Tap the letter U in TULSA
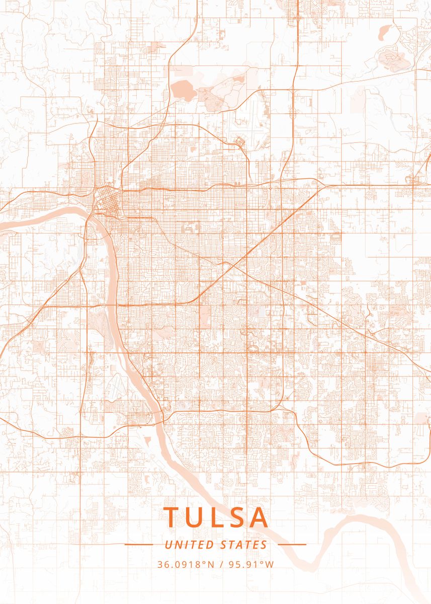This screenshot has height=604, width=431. tap(196, 517)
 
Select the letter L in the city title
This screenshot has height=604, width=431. tap(218, 517)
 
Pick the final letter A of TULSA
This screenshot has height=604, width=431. tap(258, 517)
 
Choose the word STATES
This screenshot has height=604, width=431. tap(244, 545)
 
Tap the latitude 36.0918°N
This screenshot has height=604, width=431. tap(186, 564)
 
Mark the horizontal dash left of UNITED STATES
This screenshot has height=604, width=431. tap(138, 544)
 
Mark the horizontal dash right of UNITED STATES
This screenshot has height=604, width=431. tap(292, 544)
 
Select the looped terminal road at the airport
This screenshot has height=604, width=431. tap(240, 142)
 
